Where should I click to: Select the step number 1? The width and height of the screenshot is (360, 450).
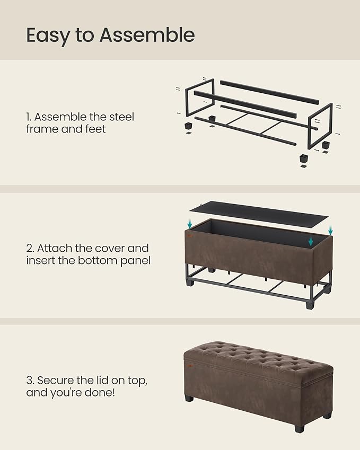coord(29,117)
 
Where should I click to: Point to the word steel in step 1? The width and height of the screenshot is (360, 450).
coord(119,117)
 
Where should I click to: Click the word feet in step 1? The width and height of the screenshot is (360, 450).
coord(94,129)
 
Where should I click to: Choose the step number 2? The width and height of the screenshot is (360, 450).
coord(29,249)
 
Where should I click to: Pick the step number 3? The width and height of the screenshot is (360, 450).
coord(29,381)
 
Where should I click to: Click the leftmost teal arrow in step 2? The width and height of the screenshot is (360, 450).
coord(190,225)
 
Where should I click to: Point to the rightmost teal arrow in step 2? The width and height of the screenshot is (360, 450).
coord(330,231)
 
